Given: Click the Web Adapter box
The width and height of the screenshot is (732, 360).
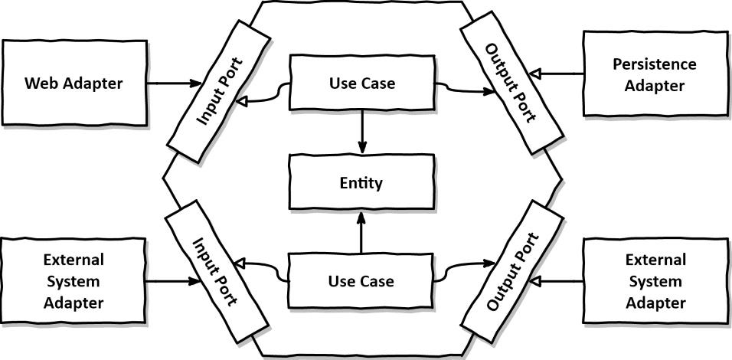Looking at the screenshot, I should click(74, 83).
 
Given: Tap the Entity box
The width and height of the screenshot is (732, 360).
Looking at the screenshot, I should click(361, 183).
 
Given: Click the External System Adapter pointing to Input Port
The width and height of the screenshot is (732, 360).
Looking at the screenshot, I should click(74, 281).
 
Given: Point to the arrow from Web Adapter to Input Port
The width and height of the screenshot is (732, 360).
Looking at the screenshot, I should click(173, 83).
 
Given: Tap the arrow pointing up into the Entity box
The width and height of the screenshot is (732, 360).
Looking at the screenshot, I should click(361, 234).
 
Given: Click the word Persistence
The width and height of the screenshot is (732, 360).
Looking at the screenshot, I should click(654, 64).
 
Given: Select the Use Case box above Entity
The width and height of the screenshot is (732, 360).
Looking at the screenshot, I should click(361, 82).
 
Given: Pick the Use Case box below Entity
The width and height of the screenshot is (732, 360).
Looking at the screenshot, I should click(361, 281).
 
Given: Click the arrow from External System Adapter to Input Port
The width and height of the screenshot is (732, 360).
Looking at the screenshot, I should click(172, 281).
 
